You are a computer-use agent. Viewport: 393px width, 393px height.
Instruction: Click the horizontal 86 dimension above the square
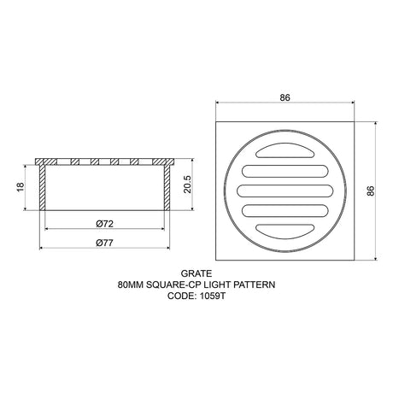coord(284,97)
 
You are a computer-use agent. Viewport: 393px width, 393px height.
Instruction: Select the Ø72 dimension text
coord(105,223)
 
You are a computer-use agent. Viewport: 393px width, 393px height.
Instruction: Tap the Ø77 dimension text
coord(105,243)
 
